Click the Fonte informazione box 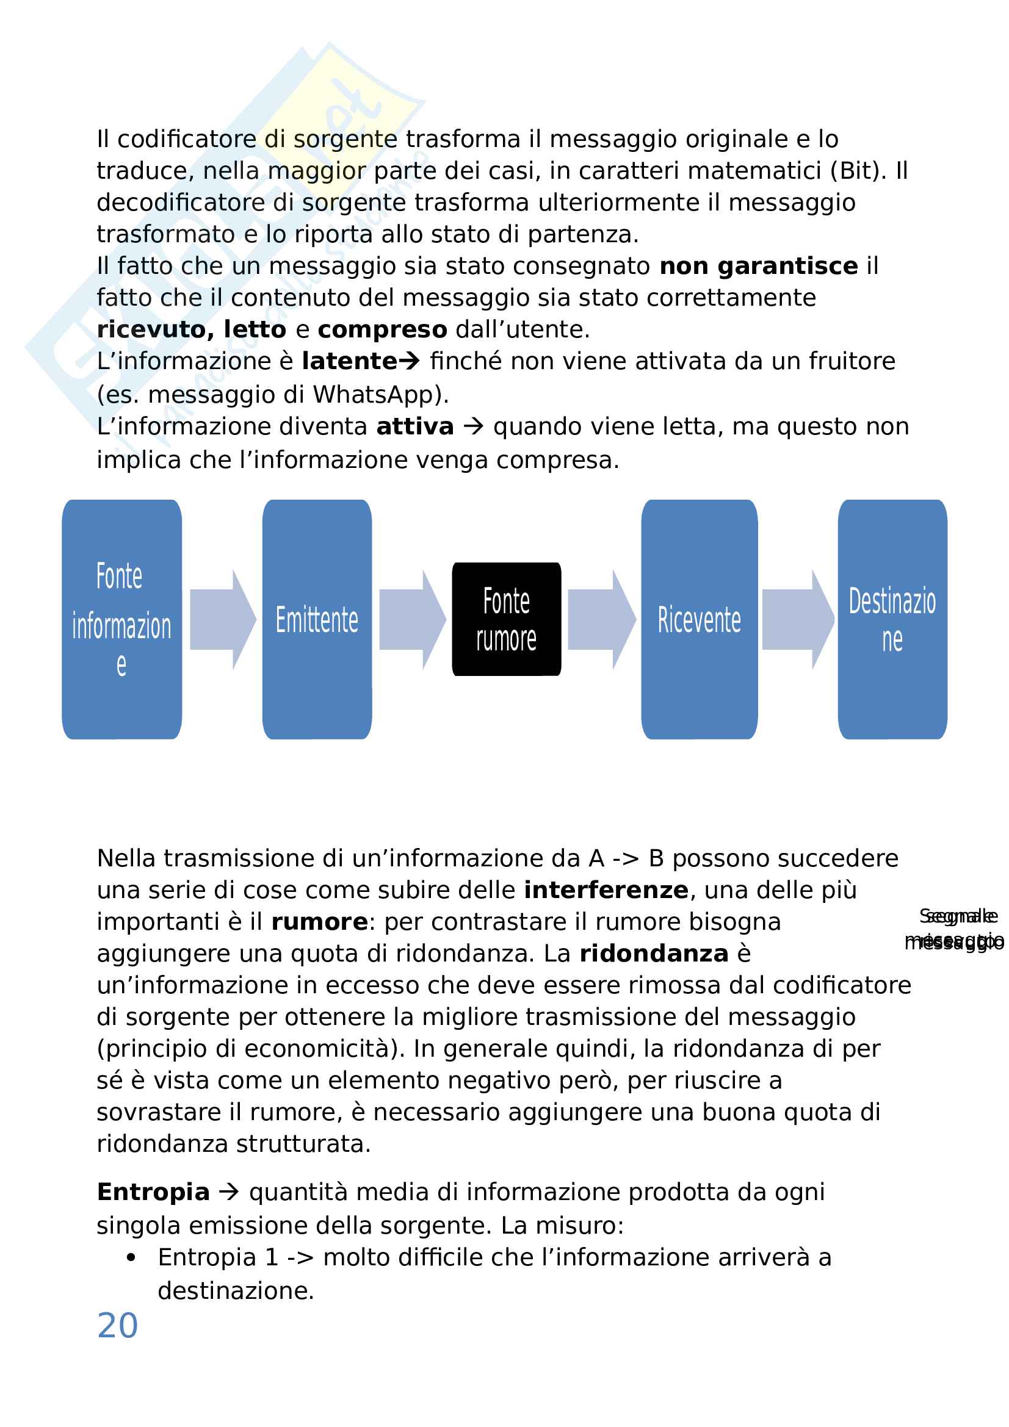122,619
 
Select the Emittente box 317,619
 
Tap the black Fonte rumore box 506,619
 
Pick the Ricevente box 699,619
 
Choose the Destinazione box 892,619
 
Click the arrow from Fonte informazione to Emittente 222,619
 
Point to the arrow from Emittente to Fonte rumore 411,619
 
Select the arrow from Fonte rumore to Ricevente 601,619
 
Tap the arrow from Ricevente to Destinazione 797,619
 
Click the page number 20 117,1326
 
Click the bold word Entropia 153,1193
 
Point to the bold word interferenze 606,891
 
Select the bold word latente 349,361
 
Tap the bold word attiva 414,427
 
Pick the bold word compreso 382,329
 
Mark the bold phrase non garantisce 759,266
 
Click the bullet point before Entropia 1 131,1258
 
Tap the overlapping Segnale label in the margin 958,916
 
